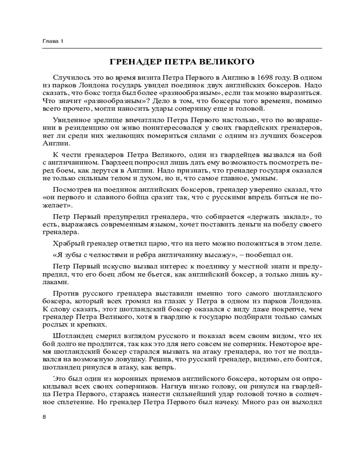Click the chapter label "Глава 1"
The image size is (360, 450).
coord(53,41)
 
